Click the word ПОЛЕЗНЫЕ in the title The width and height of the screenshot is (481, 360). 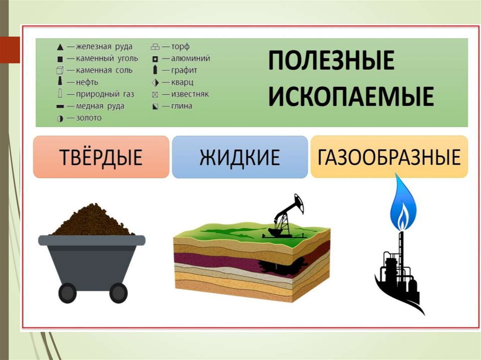click(331, 61)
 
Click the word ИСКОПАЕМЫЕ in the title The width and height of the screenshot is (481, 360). click(350, 97)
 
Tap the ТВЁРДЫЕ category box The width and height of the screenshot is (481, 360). click(101, 157)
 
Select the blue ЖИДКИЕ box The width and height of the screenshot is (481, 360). click(240, 157)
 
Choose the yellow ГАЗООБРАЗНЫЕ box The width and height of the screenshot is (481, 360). click(389, 157)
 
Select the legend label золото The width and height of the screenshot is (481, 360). click(89, 118)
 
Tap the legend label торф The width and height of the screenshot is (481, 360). click(180, 47)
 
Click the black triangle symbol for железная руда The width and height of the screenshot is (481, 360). click(60, 47)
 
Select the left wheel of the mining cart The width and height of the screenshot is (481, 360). click(67, 293)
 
